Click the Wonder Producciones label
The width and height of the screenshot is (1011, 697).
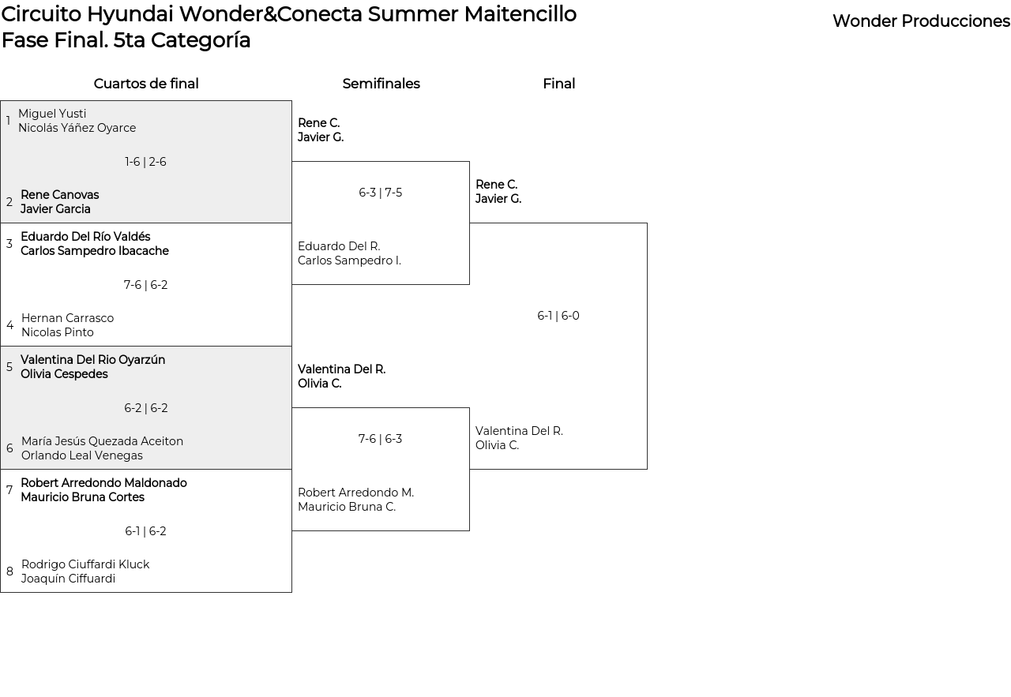[921, 21]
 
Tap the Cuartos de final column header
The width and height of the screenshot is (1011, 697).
[146, 84]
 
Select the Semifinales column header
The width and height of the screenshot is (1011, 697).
[381, 84]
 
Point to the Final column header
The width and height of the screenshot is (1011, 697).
[558, 84]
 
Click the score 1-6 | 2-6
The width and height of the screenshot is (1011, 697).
[145, 162]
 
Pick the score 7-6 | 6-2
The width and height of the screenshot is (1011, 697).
[145, 285]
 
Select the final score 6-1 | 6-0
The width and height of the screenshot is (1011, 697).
[558, 315]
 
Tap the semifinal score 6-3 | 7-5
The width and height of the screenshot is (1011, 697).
[381, 193]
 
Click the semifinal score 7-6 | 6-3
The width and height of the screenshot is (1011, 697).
[380, 439]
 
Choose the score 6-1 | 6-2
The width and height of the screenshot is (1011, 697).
[145, 531]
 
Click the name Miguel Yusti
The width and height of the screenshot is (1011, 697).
[52, 113]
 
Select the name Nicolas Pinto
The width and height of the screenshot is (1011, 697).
[58, 332]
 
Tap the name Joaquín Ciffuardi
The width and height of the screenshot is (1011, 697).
[68, 579]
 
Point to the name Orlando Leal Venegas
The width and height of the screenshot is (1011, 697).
[81, 455]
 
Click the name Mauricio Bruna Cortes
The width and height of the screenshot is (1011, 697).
[82, 497]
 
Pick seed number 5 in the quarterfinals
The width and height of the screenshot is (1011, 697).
[9, 367]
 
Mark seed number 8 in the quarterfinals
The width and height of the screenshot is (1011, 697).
[9, 571]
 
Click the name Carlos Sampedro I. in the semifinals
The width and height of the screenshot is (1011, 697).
[349, 260]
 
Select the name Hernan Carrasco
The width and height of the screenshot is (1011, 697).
[67, 318]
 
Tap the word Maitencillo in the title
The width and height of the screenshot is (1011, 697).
[520, 14]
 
